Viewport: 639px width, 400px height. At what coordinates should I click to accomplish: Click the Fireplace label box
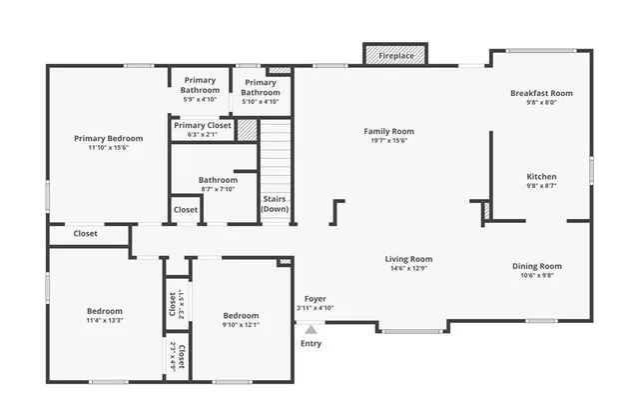click(395, 56)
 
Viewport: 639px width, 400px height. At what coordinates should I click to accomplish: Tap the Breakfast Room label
click(540, 93)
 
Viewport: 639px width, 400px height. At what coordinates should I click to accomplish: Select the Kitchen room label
click(541, 177)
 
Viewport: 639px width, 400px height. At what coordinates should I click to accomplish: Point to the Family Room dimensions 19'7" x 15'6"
click(388, 140)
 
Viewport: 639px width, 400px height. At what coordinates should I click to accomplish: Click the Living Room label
click(408, 259)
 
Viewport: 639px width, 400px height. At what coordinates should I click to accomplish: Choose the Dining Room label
click(537, 266)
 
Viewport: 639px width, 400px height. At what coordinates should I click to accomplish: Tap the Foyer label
click(315, 299)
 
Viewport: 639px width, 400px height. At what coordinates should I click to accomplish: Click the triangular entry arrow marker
click(312, 329)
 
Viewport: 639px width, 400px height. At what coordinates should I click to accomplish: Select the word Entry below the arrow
click(312, 344)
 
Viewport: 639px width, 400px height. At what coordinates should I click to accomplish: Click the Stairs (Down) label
click(275, 204)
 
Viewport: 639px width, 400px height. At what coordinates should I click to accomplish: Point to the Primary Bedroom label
click(108, 138)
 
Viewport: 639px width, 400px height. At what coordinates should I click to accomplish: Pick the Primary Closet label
click(203, 125)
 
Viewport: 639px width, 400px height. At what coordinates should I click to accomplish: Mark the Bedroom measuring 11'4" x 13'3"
click(105, 311)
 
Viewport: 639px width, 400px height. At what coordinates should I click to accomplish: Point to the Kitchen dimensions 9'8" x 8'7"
click(541, 186)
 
